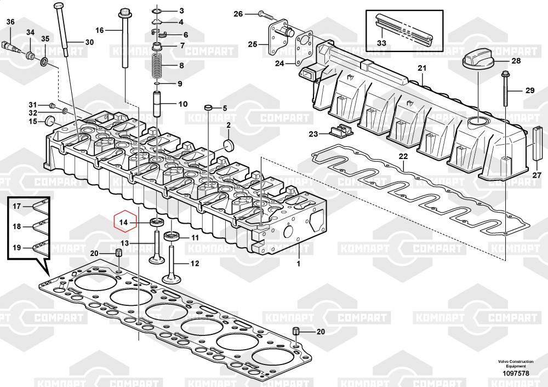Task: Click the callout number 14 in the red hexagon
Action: pyautogui.click(x=123, y=223)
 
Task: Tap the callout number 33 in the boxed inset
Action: pyautogui.click(x=381, y=43)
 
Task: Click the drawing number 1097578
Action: pyautogui.click(x=516, y=373)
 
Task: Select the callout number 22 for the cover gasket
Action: pyautogui.click(x=403, y=156)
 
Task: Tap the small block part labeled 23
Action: pyautogui.click(x=341, y=131)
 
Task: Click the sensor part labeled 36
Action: pyautogui.click(x=9, y=45)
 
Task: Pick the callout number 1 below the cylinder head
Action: pyautogui.click(x=299, y=264)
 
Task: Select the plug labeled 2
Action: pyautogui.click(x=228, y=145)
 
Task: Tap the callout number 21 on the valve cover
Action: pyautogui.click(x=422, y=68)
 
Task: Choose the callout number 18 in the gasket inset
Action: pyautogui.click(x=17, y=226)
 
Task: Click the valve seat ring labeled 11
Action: pyautogui.click(x=171, y=236)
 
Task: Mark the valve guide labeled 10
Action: pyautogui.click(x=157, y=104)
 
